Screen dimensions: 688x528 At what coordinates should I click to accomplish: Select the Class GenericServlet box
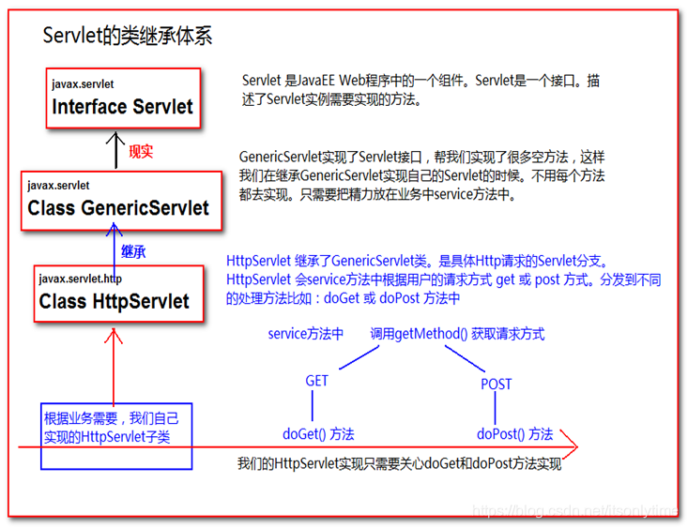pos(122,200)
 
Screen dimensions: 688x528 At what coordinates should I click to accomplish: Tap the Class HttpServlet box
pos(117,294)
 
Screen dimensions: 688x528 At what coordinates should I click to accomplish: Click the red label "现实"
pos(141,152)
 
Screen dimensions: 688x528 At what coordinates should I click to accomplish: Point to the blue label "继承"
pos(133,251)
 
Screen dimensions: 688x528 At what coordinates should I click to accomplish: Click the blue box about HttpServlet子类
pos(115,436)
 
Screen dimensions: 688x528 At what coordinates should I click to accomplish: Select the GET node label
pos(316,382)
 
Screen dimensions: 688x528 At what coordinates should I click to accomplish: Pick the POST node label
pos(496,384)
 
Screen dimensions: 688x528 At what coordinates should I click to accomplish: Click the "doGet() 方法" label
pos(318,433)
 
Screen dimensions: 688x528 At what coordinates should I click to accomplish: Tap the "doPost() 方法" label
pos(514,433)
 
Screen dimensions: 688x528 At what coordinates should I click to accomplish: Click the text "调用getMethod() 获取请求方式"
pos(456,333)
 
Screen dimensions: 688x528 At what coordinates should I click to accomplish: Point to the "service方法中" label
pos(305,333)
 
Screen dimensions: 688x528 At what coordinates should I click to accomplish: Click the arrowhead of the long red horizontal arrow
pos(569,446)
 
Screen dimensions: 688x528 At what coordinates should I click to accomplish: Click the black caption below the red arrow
pos(399,463)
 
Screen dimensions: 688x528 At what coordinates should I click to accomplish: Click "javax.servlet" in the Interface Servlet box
pos(83,84)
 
